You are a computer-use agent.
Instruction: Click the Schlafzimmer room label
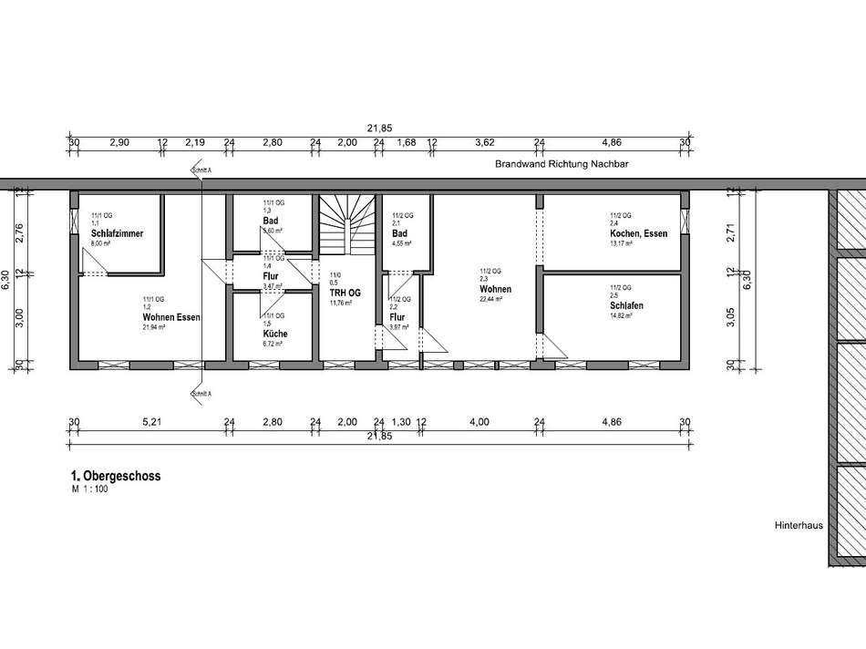pyautogui.click(x=117, y=234)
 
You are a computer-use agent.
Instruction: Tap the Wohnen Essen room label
pyautogui.click(x=170, y=317)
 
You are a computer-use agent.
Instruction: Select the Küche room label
pyautogui.click(x=274, y=334)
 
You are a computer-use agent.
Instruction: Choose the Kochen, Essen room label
pyautogui.click(x=638, y=234)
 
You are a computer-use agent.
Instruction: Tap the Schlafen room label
pyautogui.click(x=626, y=306)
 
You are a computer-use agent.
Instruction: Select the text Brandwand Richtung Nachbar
pyautogui.click(x=562, y=165)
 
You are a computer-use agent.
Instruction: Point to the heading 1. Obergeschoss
pyautogui.click(x=115, y=476)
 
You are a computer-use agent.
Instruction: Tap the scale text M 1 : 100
pyautogui.click(x=89, y=489)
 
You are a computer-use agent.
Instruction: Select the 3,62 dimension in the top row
pyautogui.click(x=485, y=143)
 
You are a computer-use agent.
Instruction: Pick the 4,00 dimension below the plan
pyautogui.click(x=479, y=422)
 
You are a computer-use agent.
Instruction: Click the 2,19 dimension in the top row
pyautogui.click(x=195, y=143)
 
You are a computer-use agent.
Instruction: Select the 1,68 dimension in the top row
pyautogui.click(x=406, y=143)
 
